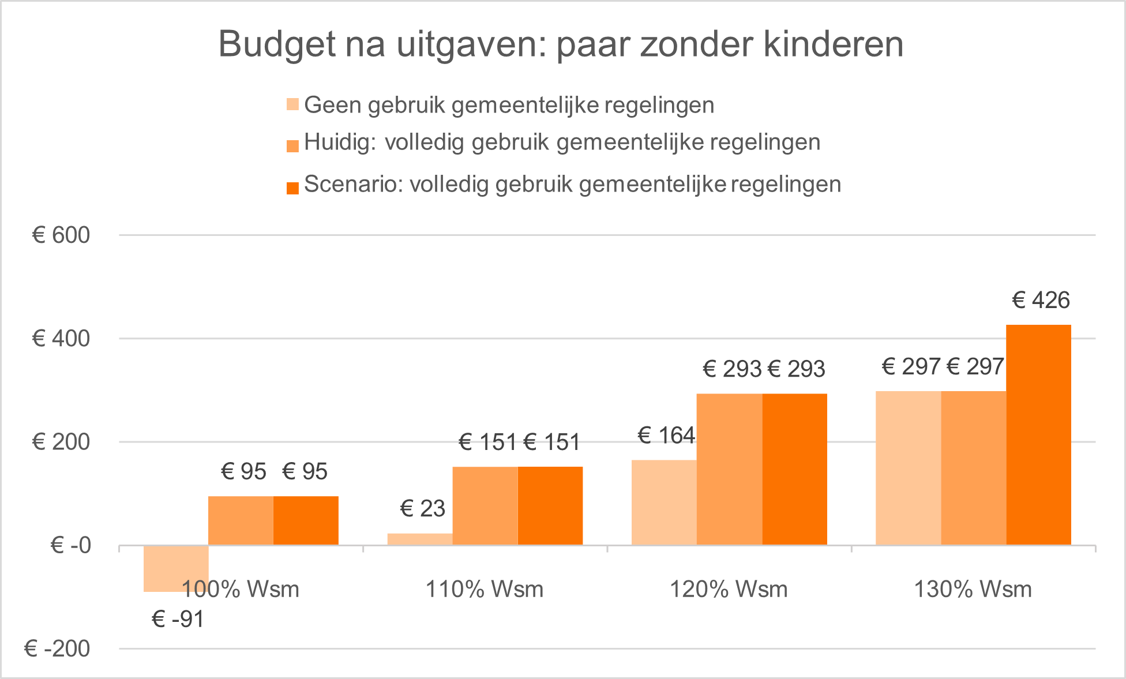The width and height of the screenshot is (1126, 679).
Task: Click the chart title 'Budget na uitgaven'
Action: (x=561, y=44)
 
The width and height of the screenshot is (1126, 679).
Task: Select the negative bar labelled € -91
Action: (x=176, y=568)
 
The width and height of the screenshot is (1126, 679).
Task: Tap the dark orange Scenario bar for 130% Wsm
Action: (x=1038, y=435)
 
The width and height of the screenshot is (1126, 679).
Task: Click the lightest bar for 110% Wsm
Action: (x=419, y=539)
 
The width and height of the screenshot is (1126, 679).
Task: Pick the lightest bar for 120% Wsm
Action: (x=664, y=502)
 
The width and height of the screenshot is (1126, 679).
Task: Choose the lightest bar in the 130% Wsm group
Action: (x=908, y=468)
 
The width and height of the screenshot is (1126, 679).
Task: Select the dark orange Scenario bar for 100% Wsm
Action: (x=306, y=520)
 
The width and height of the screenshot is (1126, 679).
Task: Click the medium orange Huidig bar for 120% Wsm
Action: (x=729, y=469)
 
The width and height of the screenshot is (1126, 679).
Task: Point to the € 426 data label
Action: (x=1041, y=301)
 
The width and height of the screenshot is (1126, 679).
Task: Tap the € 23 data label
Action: (x=423, y=509)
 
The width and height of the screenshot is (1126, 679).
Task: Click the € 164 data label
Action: (x=666, y=435)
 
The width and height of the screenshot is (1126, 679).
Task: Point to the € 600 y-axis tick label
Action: (x=61, y=235)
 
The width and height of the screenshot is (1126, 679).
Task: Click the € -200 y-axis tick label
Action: (x=57, y=649)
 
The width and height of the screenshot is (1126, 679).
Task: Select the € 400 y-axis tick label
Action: (x=61, y=339)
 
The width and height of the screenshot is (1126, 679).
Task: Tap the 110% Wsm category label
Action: (x=485, y=590)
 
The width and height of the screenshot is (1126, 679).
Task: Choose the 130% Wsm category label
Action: (x=973, y=590)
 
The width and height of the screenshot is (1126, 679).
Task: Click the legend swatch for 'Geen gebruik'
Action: (x=292, y=105)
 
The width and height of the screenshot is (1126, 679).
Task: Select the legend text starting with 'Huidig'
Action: (x=562, y=142)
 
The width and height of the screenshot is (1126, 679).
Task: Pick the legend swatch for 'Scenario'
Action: (x=292, y=188)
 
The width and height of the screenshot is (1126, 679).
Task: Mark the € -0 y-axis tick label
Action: (x=70, y=545)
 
